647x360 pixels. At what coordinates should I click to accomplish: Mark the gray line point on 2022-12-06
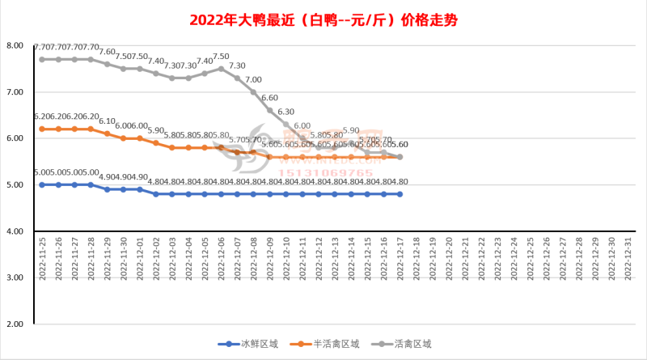coord(221,69)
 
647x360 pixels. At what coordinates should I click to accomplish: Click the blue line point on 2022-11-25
coord(42,184)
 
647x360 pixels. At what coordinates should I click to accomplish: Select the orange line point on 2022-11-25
coord(42,129)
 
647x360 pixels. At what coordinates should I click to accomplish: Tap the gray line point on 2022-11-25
coord(42,59)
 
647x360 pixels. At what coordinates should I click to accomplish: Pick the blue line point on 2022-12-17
coord(400,194)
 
